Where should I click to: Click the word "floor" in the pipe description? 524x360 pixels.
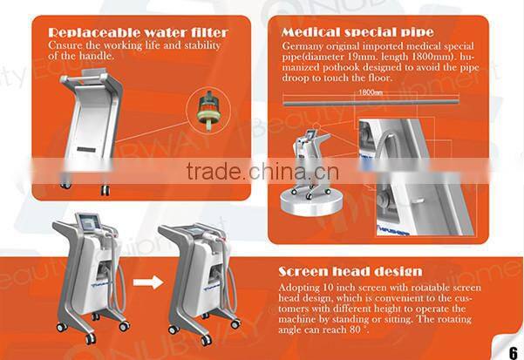coord(380,78)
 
